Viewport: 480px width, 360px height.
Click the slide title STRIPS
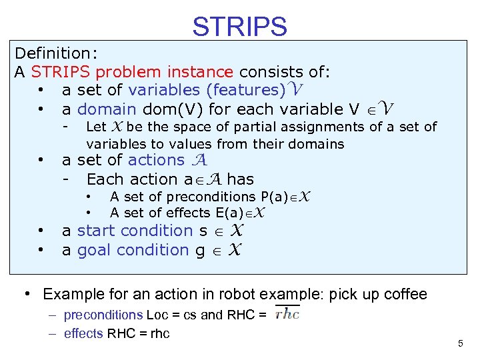point(239,27)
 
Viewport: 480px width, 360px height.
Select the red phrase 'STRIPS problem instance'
point(132,71)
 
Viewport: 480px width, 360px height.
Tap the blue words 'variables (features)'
point(207,90)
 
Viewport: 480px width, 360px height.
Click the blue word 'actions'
point(156,160)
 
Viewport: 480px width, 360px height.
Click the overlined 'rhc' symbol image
point(287,315)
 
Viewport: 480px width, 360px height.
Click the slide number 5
point(460,343)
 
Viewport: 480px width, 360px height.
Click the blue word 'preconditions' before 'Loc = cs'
point(103,315)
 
